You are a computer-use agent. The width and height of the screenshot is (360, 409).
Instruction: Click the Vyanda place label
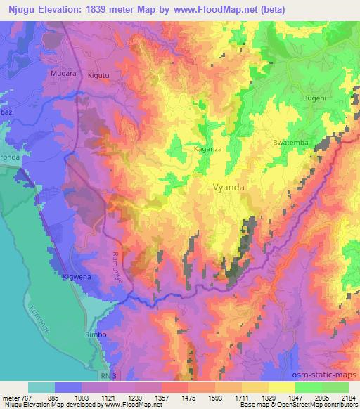click(x=229, y=188)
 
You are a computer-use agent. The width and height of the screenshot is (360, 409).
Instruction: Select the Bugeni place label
click(x=314, y=99)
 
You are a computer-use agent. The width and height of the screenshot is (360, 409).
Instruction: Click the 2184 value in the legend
click(x=348, y=398)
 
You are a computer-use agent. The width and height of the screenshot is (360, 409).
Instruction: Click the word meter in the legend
click(x=11, y=398)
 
